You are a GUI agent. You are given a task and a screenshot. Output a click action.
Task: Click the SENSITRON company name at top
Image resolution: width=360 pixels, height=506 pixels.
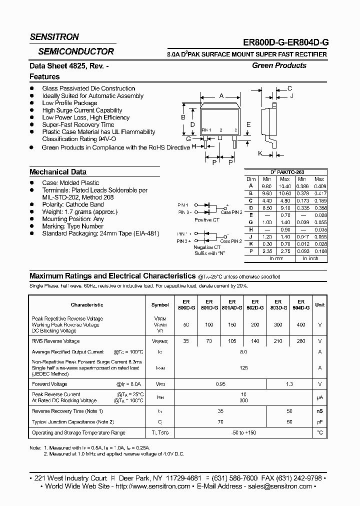[54, 37]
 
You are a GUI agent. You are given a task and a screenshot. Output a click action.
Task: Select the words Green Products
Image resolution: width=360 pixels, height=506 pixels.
[279, 65]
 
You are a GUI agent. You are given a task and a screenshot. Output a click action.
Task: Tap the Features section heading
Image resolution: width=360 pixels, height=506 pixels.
[44, 76]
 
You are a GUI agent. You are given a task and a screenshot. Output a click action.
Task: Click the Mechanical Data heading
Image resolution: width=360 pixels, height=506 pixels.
[58, 171]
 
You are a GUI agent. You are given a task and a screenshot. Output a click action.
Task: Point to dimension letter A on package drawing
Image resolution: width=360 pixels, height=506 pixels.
[221, 96]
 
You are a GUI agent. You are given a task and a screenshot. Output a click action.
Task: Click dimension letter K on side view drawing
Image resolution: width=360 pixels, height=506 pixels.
[260, 153]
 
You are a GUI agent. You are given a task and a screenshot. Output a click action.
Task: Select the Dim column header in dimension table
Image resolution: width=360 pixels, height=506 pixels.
[251, 179]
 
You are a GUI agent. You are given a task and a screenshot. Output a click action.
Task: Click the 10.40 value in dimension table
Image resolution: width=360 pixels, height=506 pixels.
[284, 185]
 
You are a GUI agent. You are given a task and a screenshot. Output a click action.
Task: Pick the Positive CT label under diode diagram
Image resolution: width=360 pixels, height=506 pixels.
[207, 219]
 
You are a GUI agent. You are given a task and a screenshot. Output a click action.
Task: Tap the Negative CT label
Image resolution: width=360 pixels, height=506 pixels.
[207, 247]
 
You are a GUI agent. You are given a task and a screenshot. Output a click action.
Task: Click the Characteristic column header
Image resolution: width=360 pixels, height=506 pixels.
[87, 304]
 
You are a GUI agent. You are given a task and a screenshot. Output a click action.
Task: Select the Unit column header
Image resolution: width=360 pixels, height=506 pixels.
[319, 304]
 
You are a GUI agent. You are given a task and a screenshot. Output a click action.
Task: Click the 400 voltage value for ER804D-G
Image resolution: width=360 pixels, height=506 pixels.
[300, 324]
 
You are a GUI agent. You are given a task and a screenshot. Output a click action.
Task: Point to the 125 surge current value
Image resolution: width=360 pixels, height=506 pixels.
[243, 368]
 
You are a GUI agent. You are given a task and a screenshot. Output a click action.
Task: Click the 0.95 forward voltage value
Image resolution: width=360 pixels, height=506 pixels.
[220, 384]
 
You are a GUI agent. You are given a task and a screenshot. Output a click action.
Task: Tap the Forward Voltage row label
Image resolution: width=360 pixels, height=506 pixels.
[49, 384]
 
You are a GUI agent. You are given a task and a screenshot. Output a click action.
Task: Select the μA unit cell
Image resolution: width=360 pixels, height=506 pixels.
[319, 397]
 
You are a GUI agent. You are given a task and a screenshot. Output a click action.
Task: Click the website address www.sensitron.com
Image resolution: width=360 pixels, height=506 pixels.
[161, 486]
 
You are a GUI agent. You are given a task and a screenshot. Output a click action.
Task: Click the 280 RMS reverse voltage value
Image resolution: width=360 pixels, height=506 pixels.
[300, 341]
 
